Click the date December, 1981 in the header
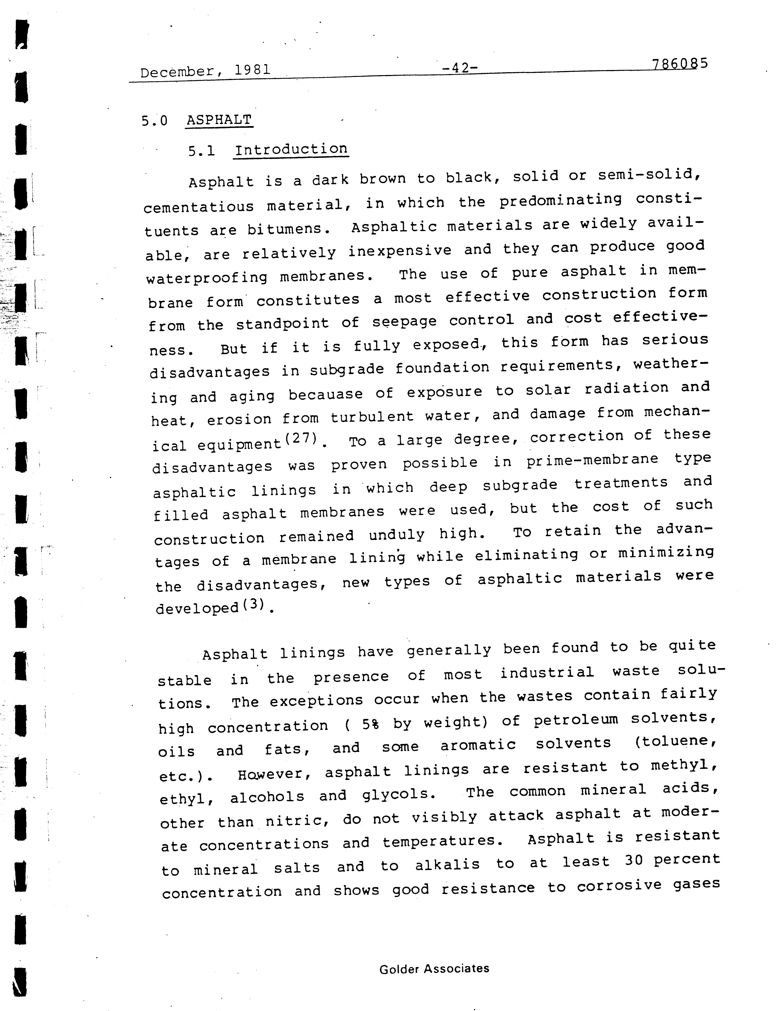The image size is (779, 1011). (x=205, y=71)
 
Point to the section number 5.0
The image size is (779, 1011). (x=154, y=121)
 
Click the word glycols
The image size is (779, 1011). (x=398, y=794)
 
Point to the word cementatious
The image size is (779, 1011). (x=199, y=207)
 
